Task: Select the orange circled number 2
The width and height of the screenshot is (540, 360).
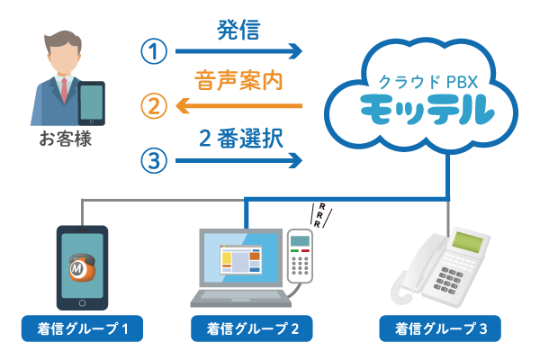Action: (154, 106)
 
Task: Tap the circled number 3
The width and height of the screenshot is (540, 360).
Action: (154, 161)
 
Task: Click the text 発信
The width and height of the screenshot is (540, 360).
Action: (238, 30)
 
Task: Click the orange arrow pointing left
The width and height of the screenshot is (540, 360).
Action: (238, 107)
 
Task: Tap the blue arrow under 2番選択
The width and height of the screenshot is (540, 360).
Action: (238, 161)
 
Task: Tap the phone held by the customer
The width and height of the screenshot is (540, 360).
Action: (93, 103)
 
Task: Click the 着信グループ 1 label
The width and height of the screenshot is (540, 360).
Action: (82, 328)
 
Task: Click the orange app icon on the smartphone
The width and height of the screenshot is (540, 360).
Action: (83, 267)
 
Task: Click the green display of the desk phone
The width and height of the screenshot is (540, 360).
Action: (467, 241)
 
